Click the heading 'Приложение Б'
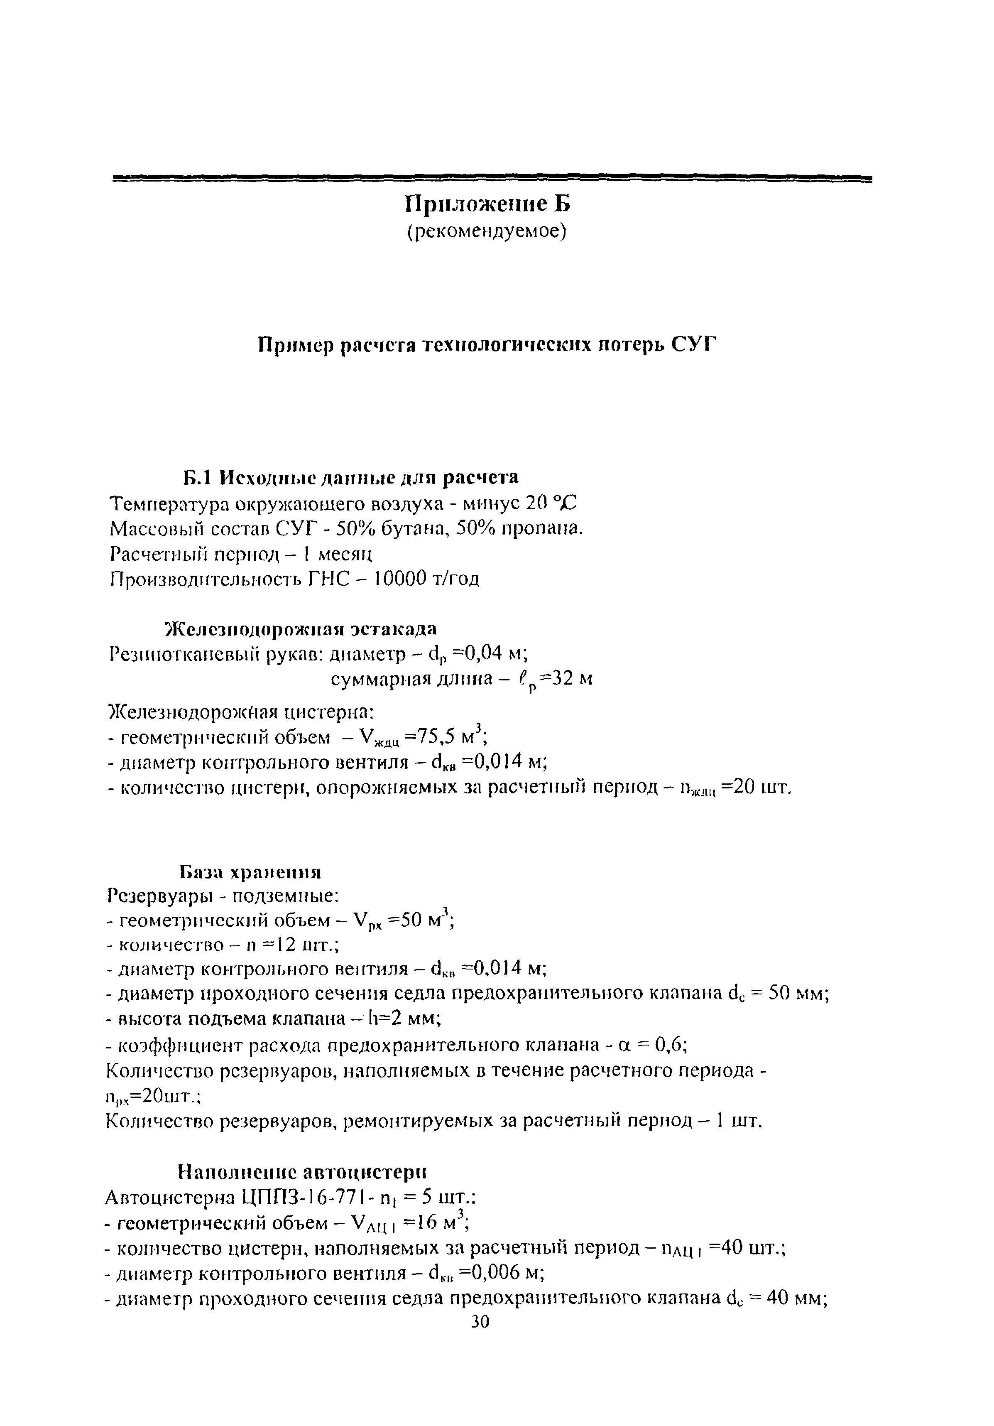[487, 204]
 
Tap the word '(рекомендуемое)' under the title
[487, 232]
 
